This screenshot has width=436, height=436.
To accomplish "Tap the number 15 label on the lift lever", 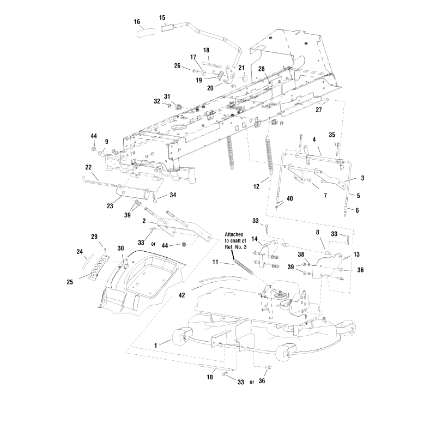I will [162, 17].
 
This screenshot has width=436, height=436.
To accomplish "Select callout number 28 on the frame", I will [262, 69].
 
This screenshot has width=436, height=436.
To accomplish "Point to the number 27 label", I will [318, 109].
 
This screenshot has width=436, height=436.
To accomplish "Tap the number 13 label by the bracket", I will [342, 255].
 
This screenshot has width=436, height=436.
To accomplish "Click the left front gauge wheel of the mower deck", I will [178, 339].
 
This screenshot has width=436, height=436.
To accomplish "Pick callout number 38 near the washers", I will [300, 255].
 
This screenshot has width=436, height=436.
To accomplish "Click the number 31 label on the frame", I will [167, 96].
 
